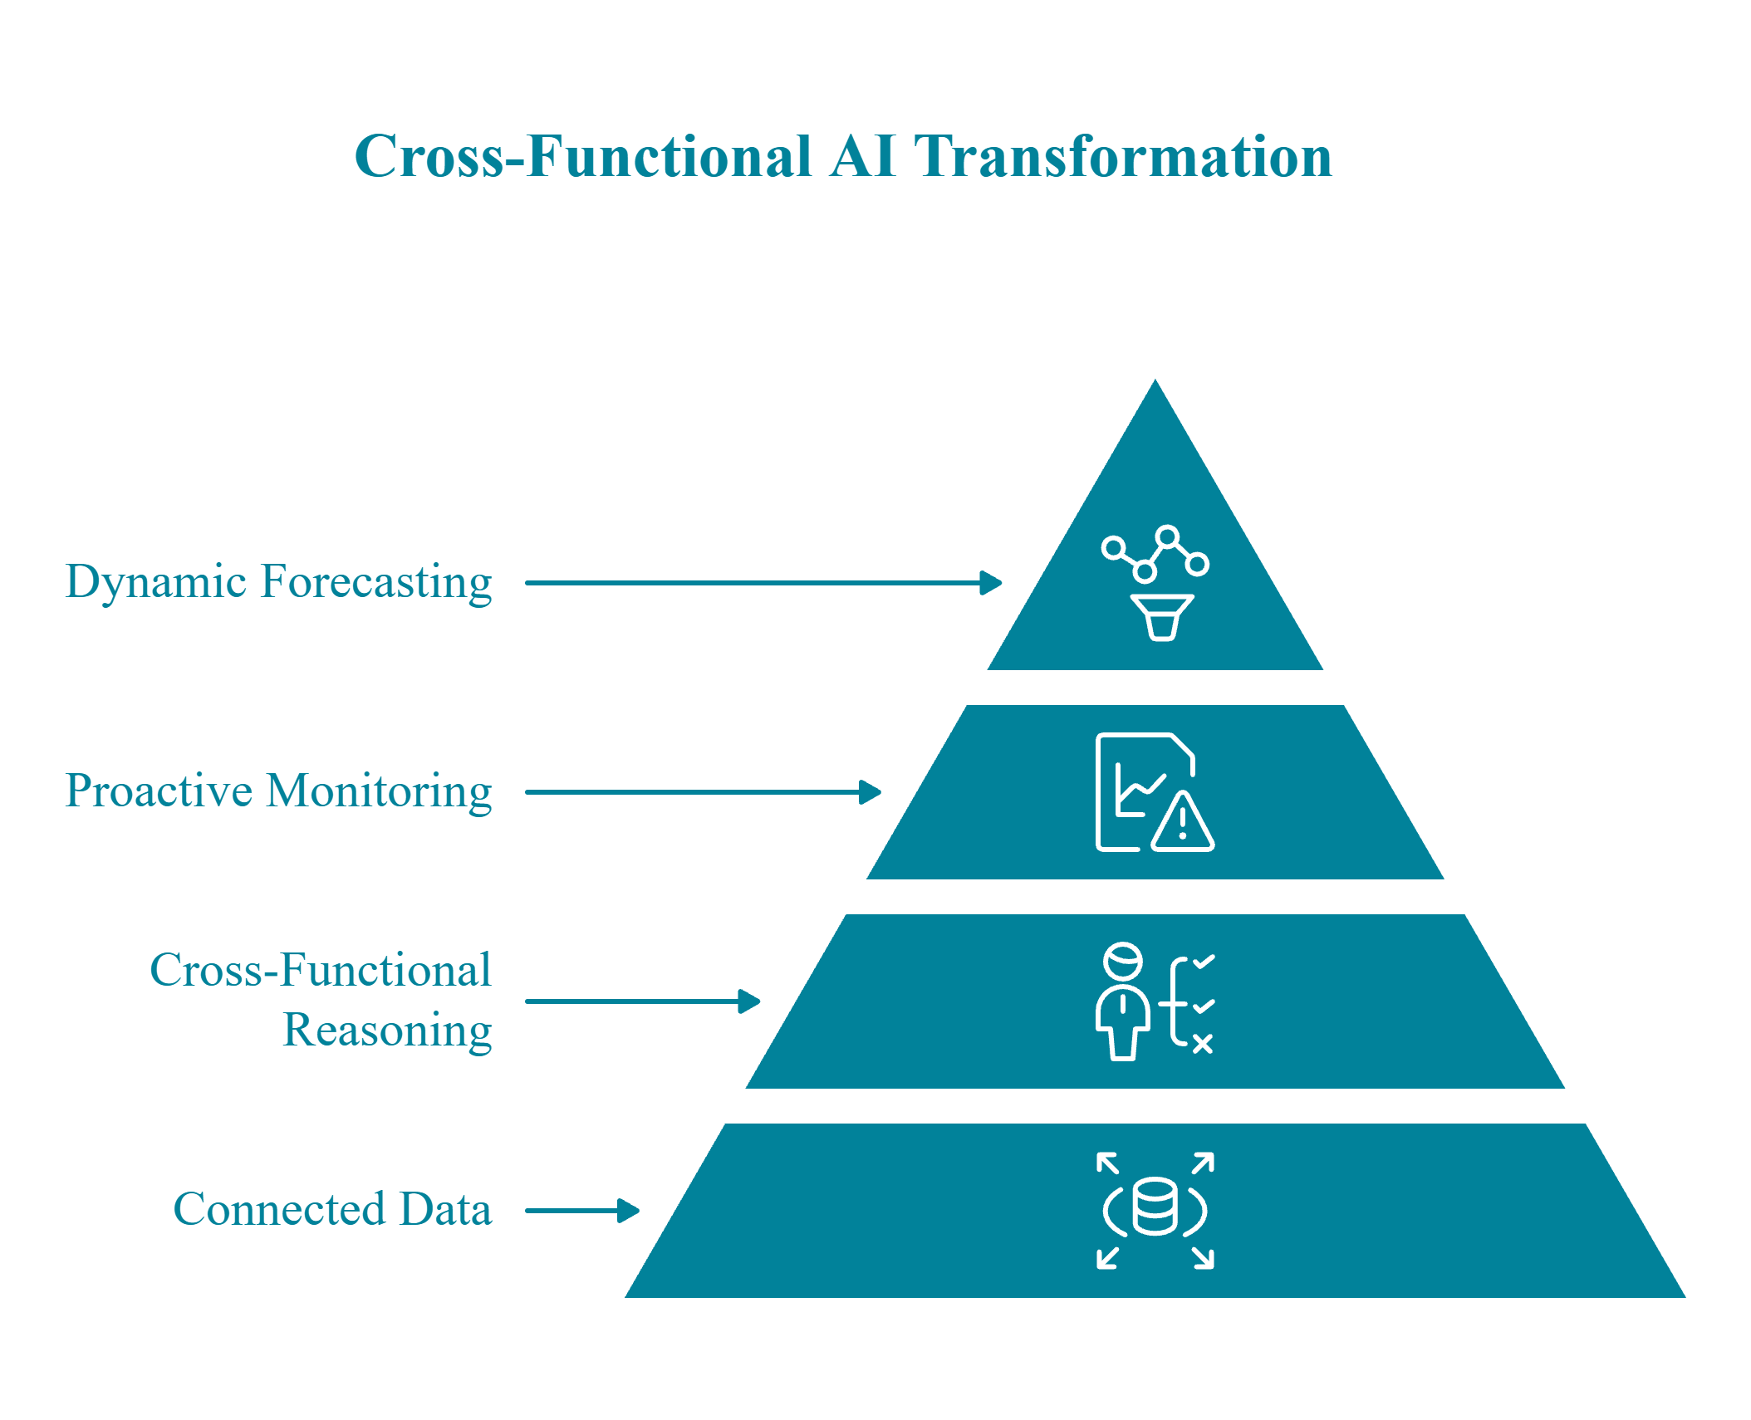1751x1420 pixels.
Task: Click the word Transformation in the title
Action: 1122,156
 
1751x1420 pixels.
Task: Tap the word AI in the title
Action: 862,156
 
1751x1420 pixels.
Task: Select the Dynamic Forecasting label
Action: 278,582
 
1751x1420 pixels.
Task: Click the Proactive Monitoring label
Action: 278,791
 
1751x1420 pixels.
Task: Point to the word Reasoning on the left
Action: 387,1031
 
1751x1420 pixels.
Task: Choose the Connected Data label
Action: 332,1210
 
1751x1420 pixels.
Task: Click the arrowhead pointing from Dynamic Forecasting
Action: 990,583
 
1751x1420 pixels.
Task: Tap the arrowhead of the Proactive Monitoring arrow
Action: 869,792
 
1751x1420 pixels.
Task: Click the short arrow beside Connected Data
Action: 581,1211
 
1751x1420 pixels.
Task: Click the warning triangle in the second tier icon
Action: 1183,822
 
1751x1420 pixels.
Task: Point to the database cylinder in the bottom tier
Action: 1155,1206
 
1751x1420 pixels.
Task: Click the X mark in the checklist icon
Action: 1202,1044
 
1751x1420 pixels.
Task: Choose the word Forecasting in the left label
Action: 376,582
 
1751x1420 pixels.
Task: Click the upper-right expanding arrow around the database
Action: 1204,1163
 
